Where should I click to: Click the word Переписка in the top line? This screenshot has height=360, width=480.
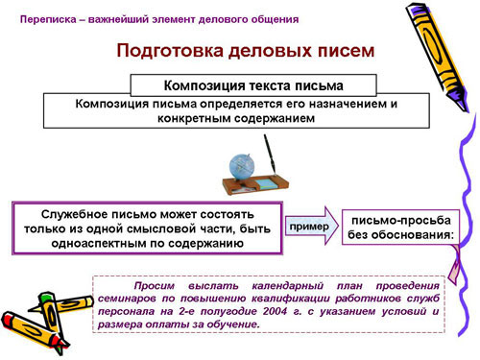[48, 20]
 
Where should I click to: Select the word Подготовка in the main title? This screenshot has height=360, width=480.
[170, 51]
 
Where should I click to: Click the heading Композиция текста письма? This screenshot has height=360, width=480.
[253, 85]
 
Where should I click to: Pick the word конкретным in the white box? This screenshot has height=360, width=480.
[194, 119]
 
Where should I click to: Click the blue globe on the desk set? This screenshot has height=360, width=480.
[242, 166]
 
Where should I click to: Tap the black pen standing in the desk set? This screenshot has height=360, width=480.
[270, 155]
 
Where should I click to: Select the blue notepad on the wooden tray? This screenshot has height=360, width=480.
[266, 183]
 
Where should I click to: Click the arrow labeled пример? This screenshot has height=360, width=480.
[311, 226]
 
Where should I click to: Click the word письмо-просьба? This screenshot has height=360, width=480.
[401, 221]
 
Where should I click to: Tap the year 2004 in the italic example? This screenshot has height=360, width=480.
[275, 311]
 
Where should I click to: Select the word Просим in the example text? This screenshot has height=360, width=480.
[155, 286]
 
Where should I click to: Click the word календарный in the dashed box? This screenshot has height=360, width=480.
[287, 286]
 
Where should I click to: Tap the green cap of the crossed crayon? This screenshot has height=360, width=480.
[47, 297]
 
